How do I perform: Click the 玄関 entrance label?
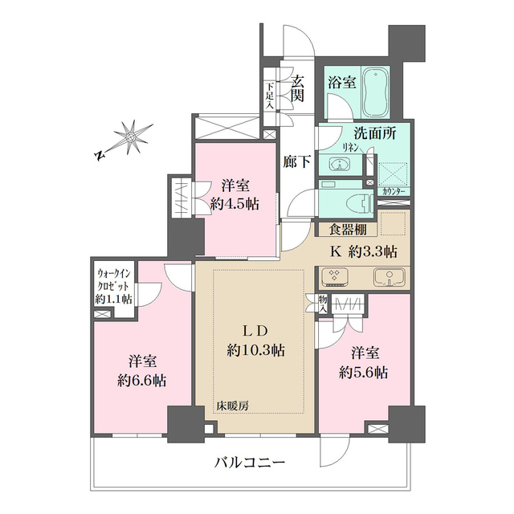pyautogui.click(x=298, y=88)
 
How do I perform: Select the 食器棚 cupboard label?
pyautogui.click(x=346, y=230)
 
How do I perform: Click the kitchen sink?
pyautogui.click(x=389, y=278)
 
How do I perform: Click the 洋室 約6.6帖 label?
pyautogui.click(x=141, y=370)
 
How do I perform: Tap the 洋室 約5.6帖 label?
pyautogui.click(x=364, y=363)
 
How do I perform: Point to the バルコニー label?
pyautogui.click(x=252, y=463)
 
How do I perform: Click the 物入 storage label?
pyautogui.click(x=323, y=302)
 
